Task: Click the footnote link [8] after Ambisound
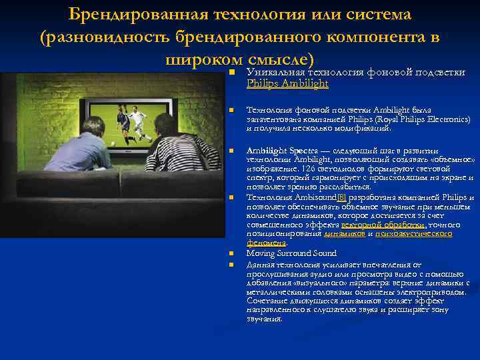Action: (x=342, y=197)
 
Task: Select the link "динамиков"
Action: (x=344, y=234)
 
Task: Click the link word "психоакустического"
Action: (x=413, y=234)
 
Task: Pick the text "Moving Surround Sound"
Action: (x=291, y=253)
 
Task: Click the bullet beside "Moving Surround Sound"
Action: (x=231, y=254)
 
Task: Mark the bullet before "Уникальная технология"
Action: (x=231, y=72)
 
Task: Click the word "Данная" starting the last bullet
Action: (x=262, y=264)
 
